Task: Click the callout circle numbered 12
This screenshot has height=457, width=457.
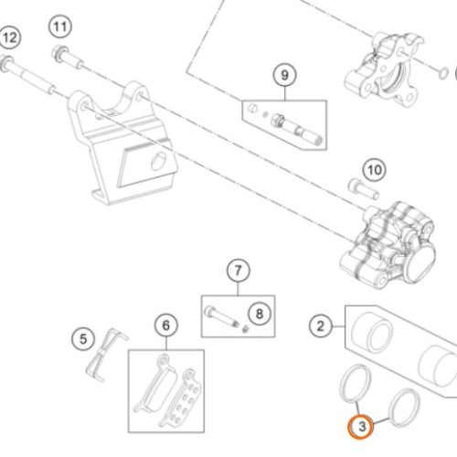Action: click(10, 37)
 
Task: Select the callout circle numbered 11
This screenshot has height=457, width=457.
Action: click(60, 27)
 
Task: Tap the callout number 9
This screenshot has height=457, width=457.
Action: click(284, 75)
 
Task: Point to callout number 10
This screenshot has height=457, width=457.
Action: click(374, 170)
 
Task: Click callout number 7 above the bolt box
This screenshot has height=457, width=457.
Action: click(239, 271)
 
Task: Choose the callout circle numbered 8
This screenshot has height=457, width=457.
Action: click(260, 314)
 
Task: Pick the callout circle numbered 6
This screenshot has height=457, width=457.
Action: click(166, 325)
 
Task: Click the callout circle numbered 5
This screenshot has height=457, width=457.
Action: click(83, 339)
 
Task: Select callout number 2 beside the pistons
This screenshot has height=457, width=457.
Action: click(321, 326)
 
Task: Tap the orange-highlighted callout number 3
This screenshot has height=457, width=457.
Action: click(361, 427)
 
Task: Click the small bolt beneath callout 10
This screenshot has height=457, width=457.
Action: click(364, 189)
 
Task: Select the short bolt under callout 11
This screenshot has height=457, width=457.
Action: click(68, 58)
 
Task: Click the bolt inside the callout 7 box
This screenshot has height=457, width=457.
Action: click(222, 317)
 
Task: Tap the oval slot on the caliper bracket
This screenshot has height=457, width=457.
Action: click(159, 161)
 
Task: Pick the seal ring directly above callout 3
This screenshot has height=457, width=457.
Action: click(356, 383)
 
